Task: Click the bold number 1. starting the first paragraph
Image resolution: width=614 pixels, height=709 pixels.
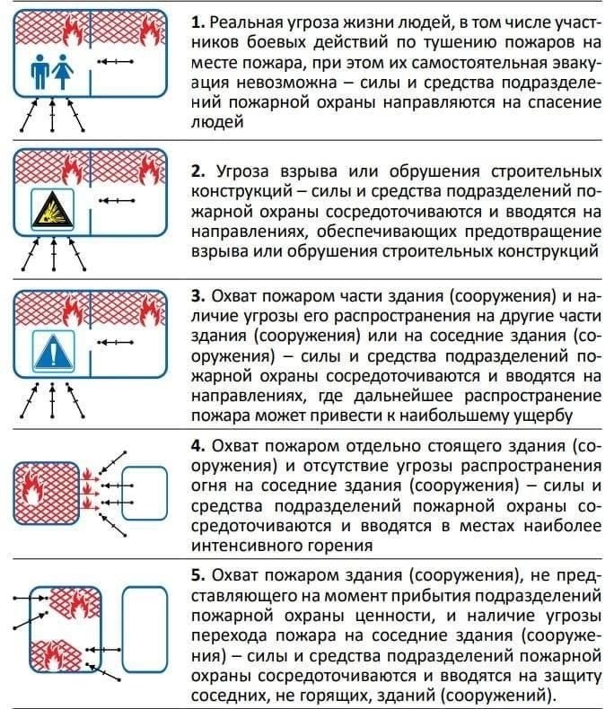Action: (197, 22)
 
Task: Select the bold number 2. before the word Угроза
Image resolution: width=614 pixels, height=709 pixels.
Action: (197, 171)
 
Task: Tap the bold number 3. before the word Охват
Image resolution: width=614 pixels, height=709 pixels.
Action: (197, 296)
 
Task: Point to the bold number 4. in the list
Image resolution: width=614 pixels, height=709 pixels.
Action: (197, 446)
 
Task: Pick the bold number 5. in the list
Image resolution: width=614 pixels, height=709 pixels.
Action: (197, 575)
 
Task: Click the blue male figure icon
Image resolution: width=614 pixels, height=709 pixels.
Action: (39, 67)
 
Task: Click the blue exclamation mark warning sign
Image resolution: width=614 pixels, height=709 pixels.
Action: (52, 350)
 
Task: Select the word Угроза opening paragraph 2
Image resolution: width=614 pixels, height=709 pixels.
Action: (247, 171)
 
